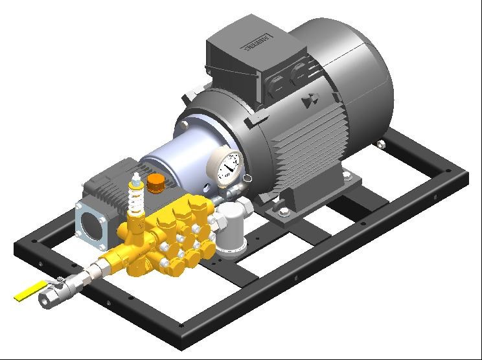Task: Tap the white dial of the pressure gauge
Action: [x=228, y=166]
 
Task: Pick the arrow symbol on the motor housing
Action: [x=309, y=101]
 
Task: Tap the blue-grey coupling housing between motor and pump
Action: [x=170, y=165]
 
